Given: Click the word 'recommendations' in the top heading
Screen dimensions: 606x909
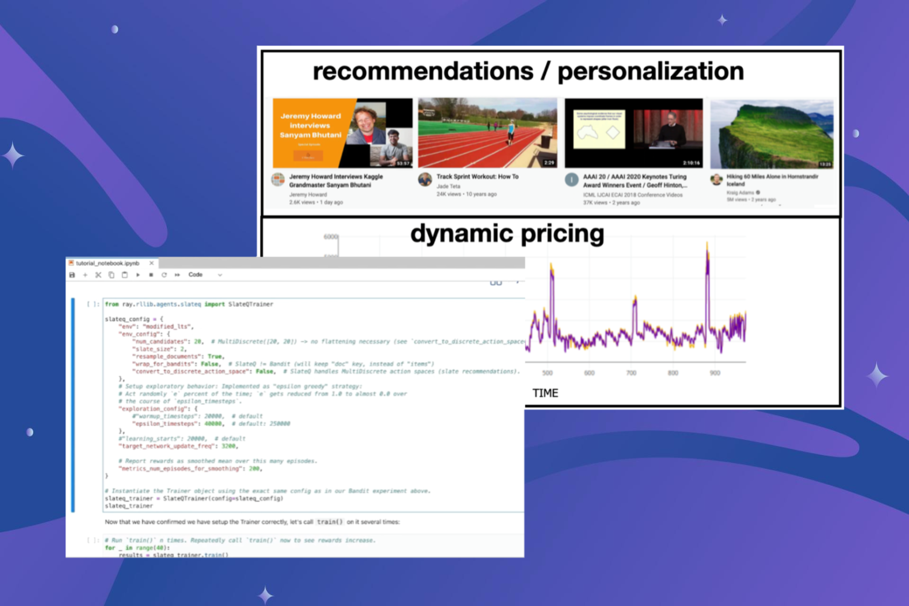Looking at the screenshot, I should coord(422,72).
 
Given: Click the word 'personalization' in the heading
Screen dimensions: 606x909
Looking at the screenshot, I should coord(650,72).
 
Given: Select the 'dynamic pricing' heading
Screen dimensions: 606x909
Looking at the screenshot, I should coord(507,233).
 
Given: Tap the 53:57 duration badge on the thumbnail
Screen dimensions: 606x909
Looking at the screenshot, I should coord(403,164).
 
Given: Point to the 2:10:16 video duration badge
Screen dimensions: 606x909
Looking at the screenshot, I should coord(691,163).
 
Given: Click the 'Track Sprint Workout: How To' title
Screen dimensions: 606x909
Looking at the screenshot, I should coord(478,177).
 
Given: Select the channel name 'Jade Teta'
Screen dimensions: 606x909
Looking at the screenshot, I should coord(448,186).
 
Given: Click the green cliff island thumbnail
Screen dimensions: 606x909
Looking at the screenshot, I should coord(771,134).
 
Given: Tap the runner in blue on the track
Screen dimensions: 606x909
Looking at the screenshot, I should coord(511,131).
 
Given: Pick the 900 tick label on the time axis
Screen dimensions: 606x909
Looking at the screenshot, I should coord(715,373).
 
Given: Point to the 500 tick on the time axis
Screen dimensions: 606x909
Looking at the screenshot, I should coord(547,373).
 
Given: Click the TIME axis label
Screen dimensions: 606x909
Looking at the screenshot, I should coord(545,393).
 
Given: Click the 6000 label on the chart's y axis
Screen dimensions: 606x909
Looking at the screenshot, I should coord(330,237).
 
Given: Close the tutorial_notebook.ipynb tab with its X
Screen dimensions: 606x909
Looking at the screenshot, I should coord(151,264).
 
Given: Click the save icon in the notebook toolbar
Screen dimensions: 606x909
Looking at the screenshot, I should coord(72,275).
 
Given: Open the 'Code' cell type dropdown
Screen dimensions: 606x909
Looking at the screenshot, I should coord(205,275).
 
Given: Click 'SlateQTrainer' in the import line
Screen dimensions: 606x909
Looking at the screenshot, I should coord(250,304).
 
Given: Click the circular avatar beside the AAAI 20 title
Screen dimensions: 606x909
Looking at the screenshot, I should coord(571,180).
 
